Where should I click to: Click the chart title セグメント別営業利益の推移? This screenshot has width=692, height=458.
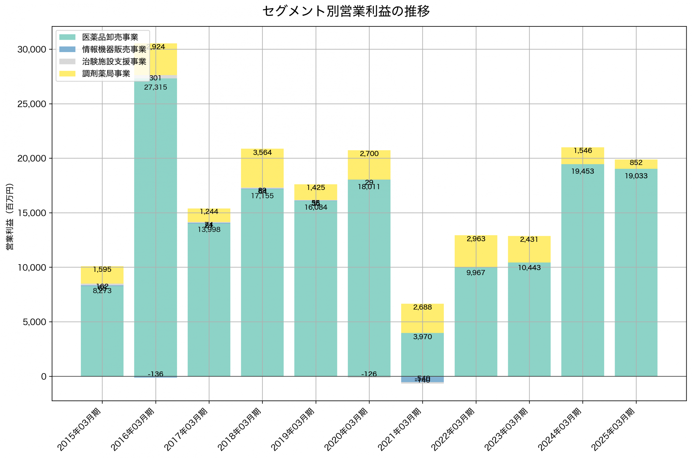pos(346,11)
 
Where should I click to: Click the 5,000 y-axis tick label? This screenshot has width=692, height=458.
pos(35,322)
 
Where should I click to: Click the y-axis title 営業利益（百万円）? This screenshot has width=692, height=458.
pos(10,216)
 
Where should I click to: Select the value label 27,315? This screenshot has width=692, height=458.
pos(156,87)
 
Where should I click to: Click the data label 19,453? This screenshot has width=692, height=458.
pos(583,171)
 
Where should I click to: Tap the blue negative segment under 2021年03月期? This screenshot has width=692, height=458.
pos(422,379)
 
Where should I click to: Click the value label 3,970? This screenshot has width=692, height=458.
pos(422,337)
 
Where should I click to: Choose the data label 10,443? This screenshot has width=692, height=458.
pos(529,268)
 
